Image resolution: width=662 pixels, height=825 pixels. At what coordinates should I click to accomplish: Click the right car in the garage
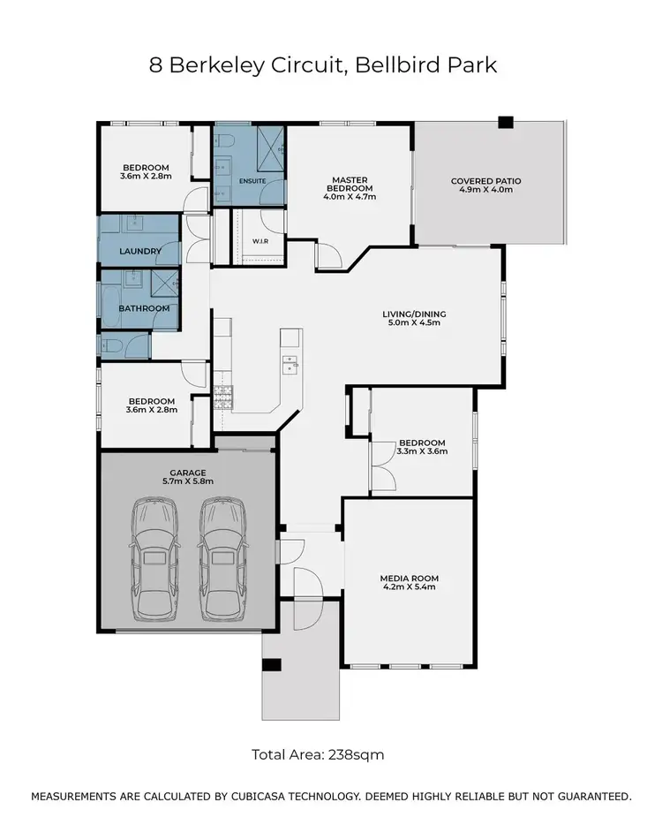tap(221, 559)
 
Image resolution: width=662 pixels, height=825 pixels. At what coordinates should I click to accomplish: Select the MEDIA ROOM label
tap(409, 579)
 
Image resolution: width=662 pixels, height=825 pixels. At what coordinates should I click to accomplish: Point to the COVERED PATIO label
tap(485, 181)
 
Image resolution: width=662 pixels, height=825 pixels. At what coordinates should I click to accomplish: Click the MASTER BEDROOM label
tap(350, 183)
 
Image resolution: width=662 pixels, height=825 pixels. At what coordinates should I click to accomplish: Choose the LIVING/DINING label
tap(414, 314)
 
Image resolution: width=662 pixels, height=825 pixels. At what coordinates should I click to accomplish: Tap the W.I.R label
tap(260, 240)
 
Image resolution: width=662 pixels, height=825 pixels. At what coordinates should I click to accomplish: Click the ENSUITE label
tap(252, 181)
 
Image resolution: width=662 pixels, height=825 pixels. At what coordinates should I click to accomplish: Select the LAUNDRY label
tap(140, 251)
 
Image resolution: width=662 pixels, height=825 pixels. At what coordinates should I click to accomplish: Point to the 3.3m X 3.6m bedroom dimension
tap(422, 451)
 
